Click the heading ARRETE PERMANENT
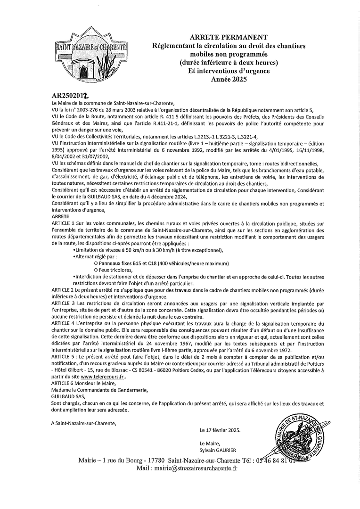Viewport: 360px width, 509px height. (x=229, y=37)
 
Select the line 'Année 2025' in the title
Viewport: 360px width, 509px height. (x=229, y=79)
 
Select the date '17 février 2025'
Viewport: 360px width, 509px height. (x=224, y=430)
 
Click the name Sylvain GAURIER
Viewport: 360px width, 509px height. (x=218, y=450)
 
